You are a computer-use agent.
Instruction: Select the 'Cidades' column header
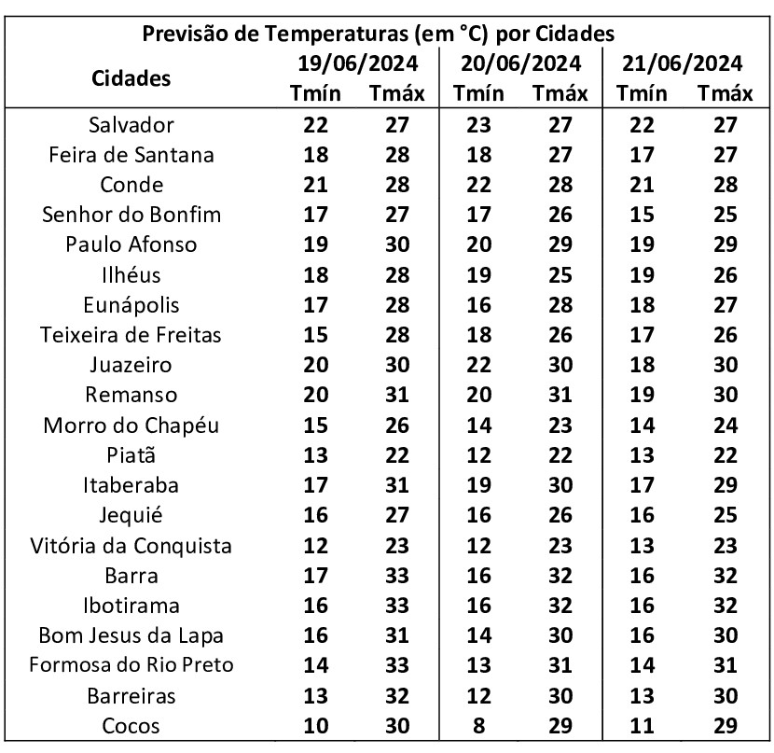[131, 78]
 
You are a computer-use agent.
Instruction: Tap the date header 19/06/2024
[357, 64]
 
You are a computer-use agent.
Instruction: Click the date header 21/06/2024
[684, 64]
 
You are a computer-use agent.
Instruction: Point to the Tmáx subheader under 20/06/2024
[560, 94]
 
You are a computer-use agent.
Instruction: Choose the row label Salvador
[131, 125]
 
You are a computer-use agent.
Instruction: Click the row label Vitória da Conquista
[131, 546]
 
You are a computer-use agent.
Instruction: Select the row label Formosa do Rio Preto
[131, 666]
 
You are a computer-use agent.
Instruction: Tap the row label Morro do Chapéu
[131, 425]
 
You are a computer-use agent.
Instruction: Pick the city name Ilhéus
[131, 275]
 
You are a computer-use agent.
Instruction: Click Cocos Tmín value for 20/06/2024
[479, 726]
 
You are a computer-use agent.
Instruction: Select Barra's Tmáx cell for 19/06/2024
[397, 576]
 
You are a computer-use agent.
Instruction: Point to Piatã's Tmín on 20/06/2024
[479, 455]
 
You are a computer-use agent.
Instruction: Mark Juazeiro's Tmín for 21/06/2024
[643, 365]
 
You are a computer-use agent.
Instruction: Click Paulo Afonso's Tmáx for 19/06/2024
[397, 245]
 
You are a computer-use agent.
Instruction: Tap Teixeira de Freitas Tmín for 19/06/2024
[316, 335]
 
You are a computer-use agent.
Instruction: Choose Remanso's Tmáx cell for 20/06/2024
[560, 396]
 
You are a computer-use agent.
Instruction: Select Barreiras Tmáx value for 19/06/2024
[397, 696]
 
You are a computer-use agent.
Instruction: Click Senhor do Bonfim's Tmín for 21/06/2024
[643, 216]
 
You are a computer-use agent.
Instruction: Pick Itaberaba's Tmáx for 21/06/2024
[724, 486]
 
